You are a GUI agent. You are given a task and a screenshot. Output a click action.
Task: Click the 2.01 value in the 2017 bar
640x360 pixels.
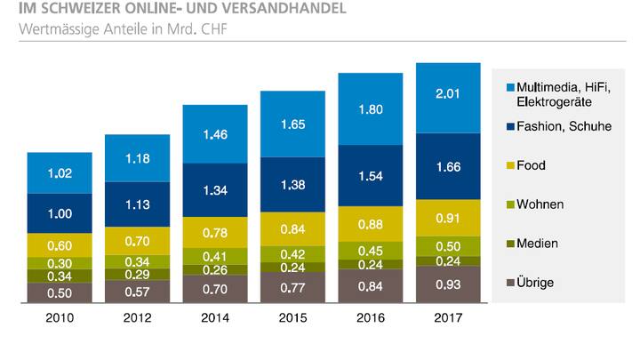point(448,97)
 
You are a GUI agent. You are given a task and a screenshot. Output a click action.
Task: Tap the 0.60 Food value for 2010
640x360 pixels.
point(60,246)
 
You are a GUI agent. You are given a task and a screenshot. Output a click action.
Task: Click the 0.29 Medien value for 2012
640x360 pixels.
point(137,276)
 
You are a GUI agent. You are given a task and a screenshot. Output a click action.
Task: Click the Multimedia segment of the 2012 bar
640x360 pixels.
point(137,158)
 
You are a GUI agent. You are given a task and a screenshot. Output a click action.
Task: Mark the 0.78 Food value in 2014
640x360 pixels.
point(215,233)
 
